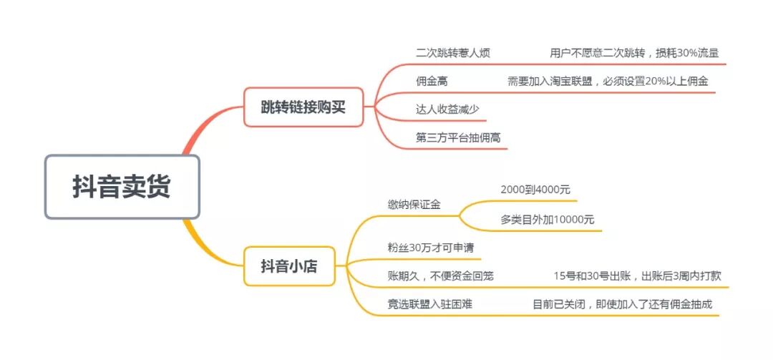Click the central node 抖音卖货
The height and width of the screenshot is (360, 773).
122,187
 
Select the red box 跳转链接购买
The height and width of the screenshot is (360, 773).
303,107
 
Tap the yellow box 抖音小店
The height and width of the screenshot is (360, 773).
288,266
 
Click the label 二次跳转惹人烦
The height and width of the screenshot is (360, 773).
452,53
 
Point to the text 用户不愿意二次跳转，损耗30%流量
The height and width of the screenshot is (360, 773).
634,53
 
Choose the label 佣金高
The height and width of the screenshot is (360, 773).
432,82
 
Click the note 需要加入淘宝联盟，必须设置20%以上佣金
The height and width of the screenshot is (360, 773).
608,82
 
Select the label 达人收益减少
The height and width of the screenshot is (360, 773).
447,110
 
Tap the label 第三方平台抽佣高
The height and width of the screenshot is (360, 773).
452,137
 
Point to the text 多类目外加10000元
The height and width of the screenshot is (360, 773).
547,220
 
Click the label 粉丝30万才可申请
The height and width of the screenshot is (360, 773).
425,247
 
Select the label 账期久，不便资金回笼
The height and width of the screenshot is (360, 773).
440,276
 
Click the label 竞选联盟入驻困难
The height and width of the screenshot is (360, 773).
429,304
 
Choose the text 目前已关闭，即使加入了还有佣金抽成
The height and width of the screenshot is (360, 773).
622,304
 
